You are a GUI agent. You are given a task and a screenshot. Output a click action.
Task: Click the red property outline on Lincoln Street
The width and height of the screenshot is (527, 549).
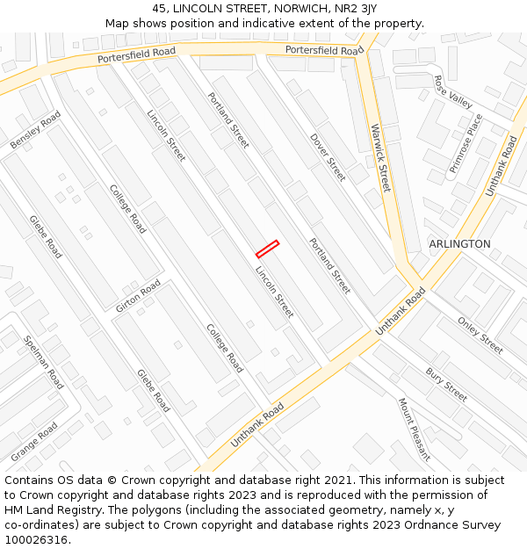(x=267, y=249)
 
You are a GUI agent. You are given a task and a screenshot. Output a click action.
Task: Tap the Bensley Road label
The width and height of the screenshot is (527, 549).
(x=35, y=129)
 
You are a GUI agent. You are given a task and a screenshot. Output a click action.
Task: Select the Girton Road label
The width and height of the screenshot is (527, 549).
(x=138, y=296)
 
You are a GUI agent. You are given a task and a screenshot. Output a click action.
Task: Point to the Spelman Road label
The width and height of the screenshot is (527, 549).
(x=44, y=363)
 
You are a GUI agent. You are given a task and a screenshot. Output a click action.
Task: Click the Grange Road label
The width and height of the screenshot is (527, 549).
(x=34, y=442)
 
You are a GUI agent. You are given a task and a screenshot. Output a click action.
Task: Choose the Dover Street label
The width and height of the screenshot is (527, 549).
(x=328, y=157)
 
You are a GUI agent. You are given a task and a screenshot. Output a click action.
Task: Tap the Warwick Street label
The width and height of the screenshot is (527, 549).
(x=379, y=157)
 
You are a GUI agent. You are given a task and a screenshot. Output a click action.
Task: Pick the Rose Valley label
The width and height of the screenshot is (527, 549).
(x=453, y=91)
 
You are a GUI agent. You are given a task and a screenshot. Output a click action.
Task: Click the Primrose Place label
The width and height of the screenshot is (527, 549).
(x=466, y=142)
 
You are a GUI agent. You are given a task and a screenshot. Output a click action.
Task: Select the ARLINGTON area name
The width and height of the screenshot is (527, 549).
(x=459, y=243)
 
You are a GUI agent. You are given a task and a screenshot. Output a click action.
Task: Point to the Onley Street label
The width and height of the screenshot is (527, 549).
(x=480, y=335)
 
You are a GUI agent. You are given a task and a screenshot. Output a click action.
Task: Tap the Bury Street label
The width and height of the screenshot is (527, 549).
(x=446, y=379)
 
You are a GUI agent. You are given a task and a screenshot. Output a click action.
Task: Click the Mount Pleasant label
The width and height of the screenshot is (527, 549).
(x=414, y=429)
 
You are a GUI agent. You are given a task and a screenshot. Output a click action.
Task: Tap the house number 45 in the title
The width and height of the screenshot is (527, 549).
(x=159, y=8)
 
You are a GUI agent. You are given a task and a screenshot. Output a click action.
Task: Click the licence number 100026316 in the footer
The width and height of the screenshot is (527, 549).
(x=35, y=539)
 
